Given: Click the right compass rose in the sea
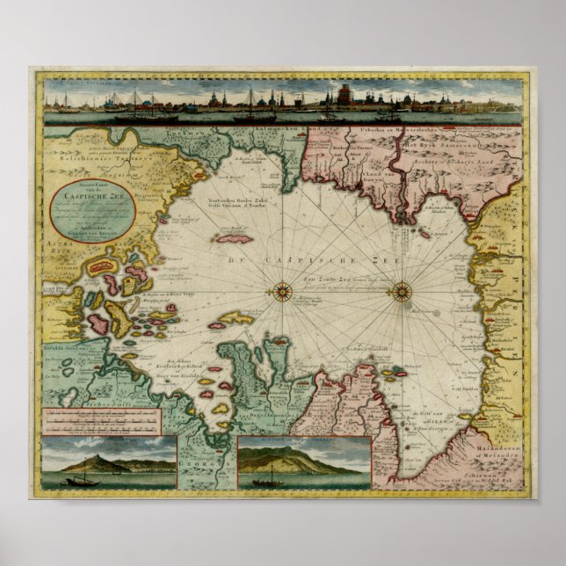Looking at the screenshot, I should point(402,291).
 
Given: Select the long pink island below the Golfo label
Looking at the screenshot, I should point(234,238).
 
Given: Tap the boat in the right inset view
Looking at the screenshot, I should point(269,477).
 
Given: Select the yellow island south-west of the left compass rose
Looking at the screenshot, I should point(235,318).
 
